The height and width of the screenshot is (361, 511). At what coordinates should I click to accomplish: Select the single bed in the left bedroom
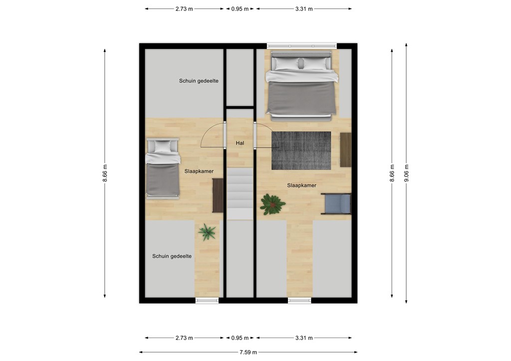[163, 168]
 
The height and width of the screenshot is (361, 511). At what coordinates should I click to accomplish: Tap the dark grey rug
[301, 150]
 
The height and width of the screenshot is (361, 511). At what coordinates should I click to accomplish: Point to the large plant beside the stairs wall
[272, 204]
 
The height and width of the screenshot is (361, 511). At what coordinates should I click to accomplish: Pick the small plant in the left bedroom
[207, 231]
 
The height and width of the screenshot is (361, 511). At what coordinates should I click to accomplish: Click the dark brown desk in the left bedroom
[218, 195]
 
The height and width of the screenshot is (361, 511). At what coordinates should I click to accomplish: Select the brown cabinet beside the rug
[345, 150]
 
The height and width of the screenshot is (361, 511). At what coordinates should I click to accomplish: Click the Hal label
[240, 143]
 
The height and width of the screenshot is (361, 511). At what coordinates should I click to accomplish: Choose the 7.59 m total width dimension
[248, 352]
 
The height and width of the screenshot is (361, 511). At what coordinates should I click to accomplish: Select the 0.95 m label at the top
[240, 8]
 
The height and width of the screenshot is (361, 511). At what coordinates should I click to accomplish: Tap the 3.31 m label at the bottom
[303, 338]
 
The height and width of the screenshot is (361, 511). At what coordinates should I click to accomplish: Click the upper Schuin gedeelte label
[199, 81]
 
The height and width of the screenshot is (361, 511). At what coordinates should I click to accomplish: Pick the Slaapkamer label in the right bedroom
[301, 185]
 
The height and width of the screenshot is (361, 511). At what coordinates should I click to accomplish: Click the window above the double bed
[301, 46]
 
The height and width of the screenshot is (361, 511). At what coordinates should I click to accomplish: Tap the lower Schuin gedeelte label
[172, 256]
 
